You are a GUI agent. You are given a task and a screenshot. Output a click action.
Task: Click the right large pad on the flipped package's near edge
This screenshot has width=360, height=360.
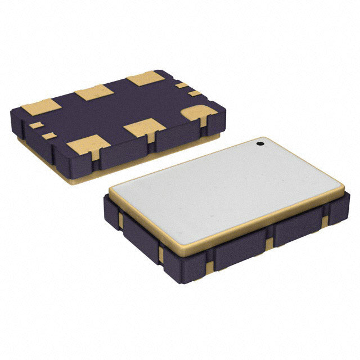click(x=144, y=128)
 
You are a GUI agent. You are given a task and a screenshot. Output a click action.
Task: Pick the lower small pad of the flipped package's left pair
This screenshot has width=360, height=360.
click(x=50, y=136)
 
